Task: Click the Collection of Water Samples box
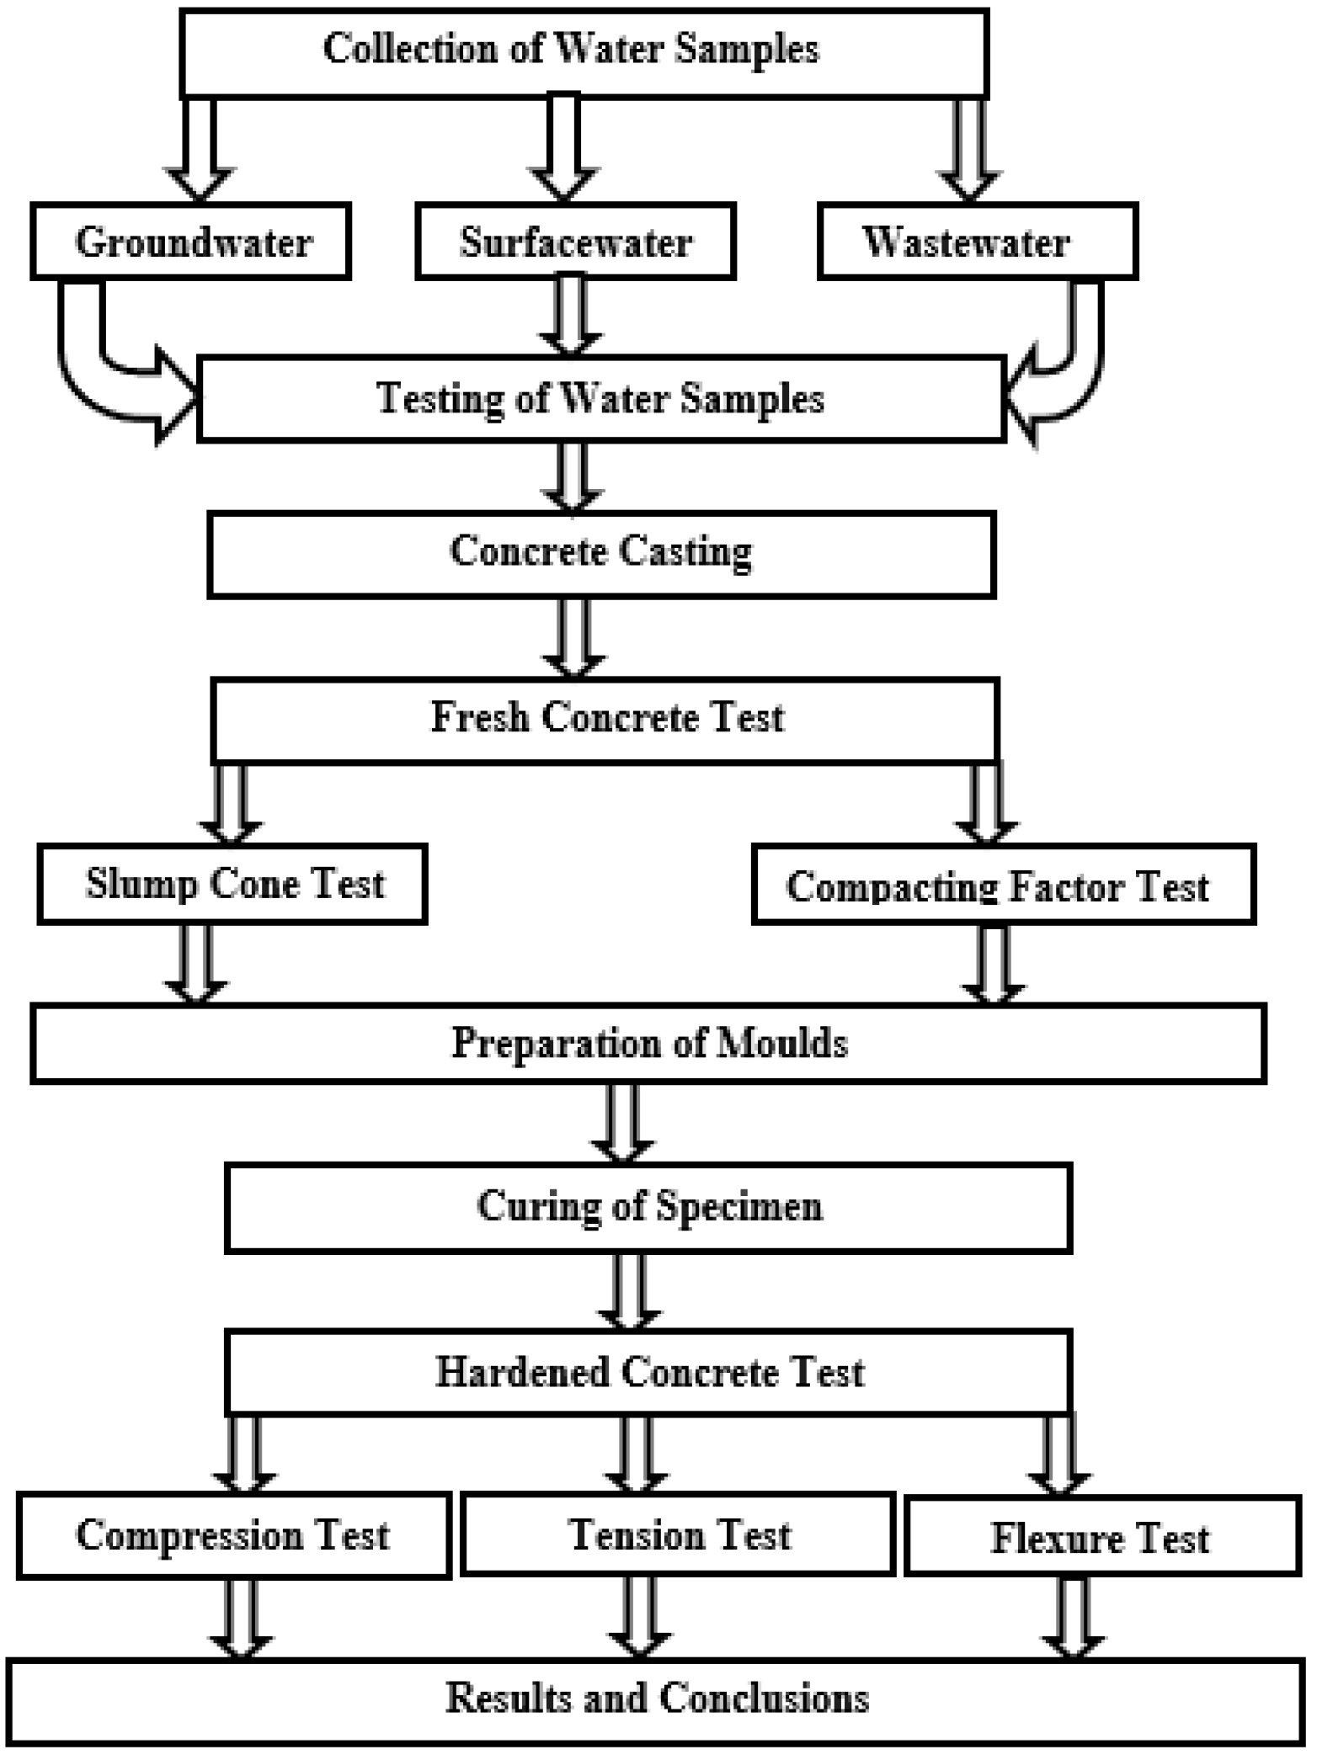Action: [584, 52]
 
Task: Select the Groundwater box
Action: [190, 242]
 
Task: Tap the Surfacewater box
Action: [575, 242]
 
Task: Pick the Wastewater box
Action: [977, 242]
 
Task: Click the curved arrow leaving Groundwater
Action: [101, 370]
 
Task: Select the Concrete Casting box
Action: [601, 554]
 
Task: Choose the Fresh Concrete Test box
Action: [605, 720]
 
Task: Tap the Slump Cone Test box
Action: [232, 884]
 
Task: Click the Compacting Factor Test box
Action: [1003, 885]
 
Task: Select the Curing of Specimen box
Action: [648, 1208]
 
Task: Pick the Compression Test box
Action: [233, 1536]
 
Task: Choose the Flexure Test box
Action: [1102, 1538]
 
